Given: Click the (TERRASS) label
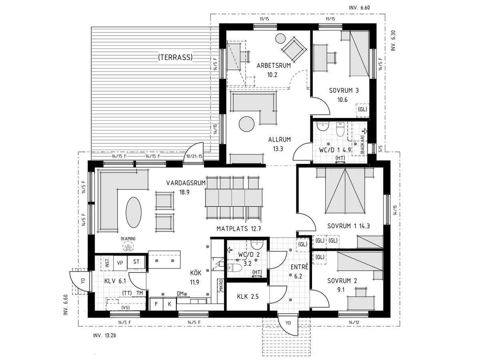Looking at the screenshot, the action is coord(175,57).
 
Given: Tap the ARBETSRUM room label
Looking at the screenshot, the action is coord(274,65).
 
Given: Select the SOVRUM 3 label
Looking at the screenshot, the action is coord(344,90).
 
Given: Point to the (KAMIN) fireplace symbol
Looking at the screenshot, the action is coord(128,248).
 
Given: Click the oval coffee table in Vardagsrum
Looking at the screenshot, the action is coord(134,212).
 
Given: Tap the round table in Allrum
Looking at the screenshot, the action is coord(246,124).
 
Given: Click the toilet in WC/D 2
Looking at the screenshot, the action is coord(235,267).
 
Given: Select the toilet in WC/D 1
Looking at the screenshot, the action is coord(340,129).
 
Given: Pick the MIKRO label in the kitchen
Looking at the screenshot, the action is coord(221,286).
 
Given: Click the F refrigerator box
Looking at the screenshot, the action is coord(156,304).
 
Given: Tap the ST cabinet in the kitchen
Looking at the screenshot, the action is coord(136,262).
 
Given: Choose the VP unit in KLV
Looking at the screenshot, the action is coord(120,262).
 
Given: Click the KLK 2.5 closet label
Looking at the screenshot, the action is coord(248,296).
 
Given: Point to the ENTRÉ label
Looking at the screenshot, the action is coord(299,267).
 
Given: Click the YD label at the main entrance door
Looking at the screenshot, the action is coord(288,323).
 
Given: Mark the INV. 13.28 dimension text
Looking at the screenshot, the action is coord(104,335).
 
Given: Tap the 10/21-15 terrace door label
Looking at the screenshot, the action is coord(194,156).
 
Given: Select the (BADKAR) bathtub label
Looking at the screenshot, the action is coord(362,145).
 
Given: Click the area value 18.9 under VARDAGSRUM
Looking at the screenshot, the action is coord(184,192).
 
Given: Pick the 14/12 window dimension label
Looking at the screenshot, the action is coord(354,322).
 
